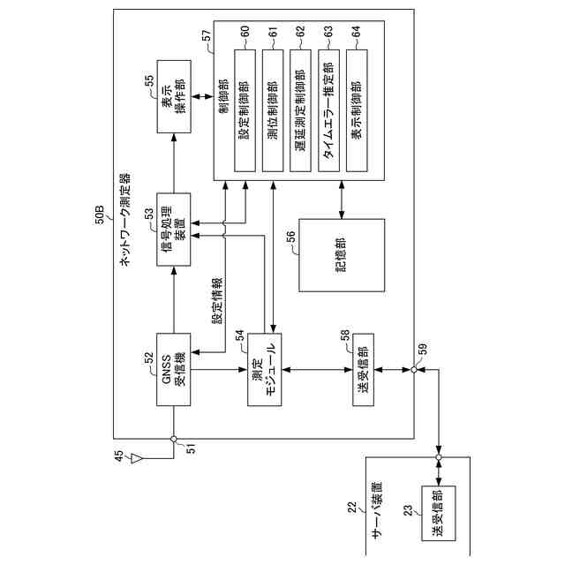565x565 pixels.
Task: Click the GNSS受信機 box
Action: tap(173, 369)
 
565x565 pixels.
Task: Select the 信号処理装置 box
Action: tap(173, 230)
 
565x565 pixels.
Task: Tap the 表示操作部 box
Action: tap(174, 96)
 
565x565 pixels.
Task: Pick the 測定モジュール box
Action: tap(265, 369)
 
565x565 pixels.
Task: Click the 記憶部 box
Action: tap(342, 255)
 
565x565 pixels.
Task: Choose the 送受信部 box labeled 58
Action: tap(363, 370)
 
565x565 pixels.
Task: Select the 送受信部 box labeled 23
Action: tap(439, 513)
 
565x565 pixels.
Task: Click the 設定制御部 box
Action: tap(245, 110)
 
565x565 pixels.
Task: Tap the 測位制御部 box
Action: tap(273, 110)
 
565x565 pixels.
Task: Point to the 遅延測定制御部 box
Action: tap(300, 110)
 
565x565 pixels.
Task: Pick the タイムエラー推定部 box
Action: tap(328, 110)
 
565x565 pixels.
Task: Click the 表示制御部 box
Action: tap(357, 110)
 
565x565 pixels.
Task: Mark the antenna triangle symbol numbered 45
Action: tap(136, 459)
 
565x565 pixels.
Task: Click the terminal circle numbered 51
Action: tap(173, 439)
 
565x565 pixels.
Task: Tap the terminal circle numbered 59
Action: tap(414, 370)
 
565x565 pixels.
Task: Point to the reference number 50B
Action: tap(100, 215)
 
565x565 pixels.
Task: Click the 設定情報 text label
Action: tap(217, 300)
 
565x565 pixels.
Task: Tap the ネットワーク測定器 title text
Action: tap(124, 220)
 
